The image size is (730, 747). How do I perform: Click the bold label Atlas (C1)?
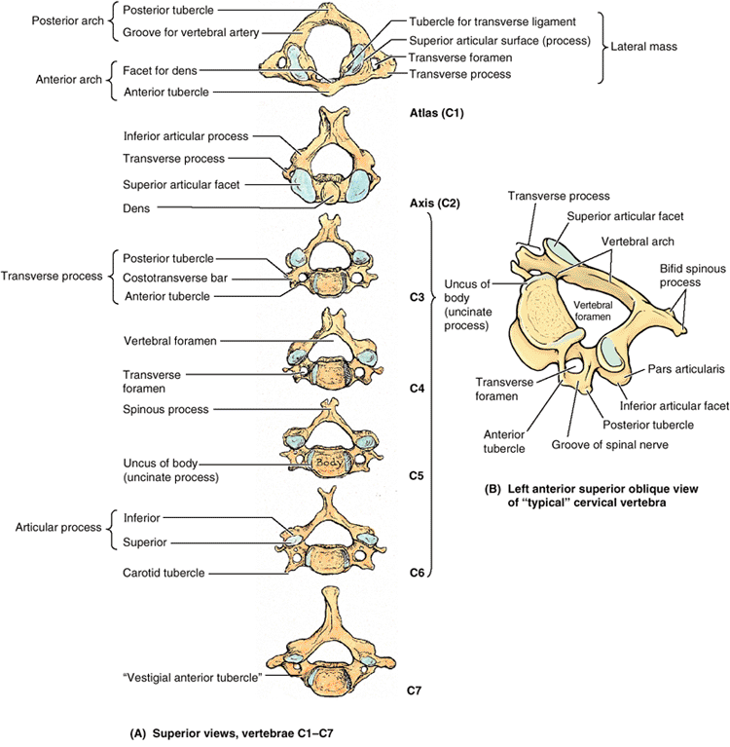coord(437,114)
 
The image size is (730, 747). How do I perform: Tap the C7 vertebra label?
coord(415,691)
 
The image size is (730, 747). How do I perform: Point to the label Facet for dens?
coord(163,71)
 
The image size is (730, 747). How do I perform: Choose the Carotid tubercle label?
coord(164,573)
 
